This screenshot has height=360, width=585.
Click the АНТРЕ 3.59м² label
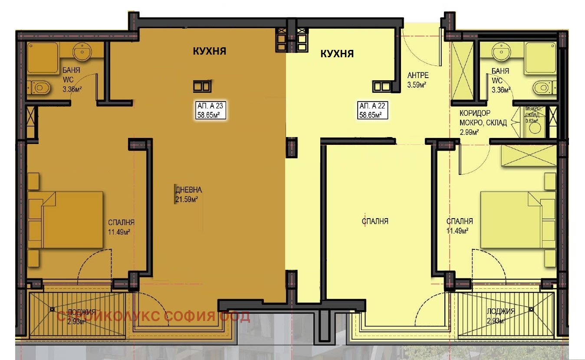tap(417, 80)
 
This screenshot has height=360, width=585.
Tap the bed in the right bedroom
tap(517, 220)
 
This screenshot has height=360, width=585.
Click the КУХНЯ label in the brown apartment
tap(210, 51)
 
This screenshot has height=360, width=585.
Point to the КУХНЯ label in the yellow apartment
tap(337, 54)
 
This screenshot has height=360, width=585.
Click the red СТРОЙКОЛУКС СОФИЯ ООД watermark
tap(154, 317)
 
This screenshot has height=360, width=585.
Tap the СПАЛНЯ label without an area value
tap(375, 221)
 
